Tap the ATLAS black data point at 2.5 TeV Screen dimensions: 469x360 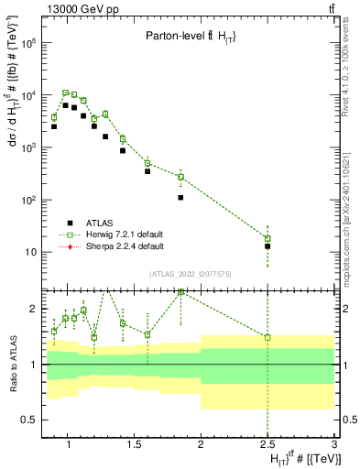(x=267, y=246)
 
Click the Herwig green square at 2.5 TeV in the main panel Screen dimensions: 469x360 (x=267, y=238)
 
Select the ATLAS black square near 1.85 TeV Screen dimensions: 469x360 (x=180, y=197)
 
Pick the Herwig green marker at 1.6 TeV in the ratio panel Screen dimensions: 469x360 (x=147, y=334)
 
